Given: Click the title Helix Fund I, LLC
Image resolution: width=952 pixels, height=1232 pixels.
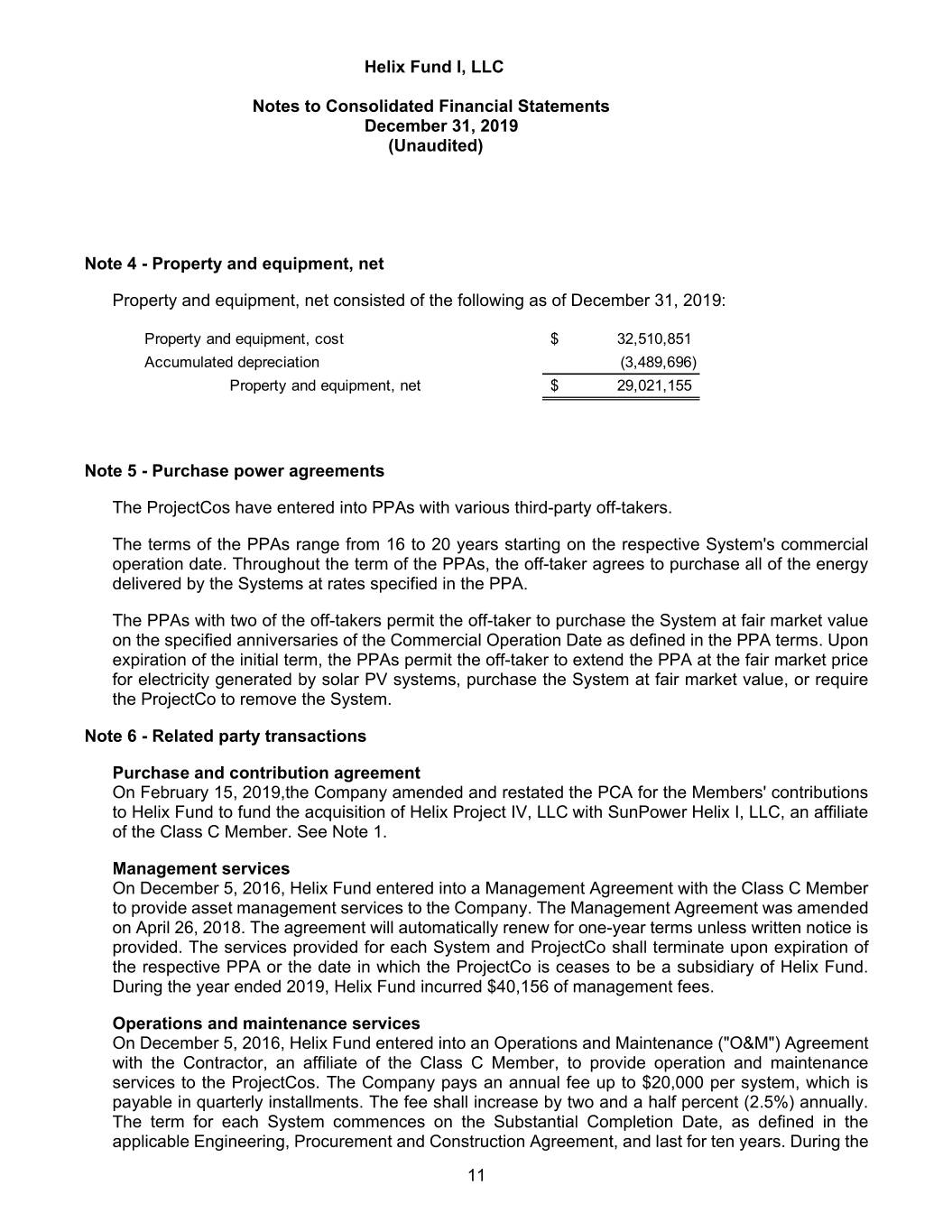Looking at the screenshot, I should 433,67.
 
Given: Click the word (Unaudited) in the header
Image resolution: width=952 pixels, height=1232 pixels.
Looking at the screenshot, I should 435,145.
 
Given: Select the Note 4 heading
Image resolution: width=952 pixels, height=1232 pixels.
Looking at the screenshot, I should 234,264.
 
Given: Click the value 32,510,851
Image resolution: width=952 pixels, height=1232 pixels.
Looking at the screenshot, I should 653,339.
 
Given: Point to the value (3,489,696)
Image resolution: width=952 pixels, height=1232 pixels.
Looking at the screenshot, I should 658,363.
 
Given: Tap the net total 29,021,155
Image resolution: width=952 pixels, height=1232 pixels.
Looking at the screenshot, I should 653,386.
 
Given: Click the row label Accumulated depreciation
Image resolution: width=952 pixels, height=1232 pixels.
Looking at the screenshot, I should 231,363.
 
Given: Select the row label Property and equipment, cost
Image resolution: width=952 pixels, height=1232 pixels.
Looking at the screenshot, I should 244,339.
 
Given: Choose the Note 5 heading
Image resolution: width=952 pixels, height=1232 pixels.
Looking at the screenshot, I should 234,471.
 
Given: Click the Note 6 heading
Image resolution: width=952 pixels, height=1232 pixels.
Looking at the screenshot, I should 225,736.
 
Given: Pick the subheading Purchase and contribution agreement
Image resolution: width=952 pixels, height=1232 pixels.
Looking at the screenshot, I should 266,773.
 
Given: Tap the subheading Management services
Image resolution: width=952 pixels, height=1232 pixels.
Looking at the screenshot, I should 201,869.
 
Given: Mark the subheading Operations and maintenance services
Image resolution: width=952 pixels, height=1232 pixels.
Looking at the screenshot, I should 266,1024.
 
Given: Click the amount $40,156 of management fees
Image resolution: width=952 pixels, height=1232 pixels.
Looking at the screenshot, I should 512,987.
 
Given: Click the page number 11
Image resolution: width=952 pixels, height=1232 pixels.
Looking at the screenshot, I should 476,1175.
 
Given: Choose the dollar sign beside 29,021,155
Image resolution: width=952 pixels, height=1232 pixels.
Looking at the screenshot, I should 554,386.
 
